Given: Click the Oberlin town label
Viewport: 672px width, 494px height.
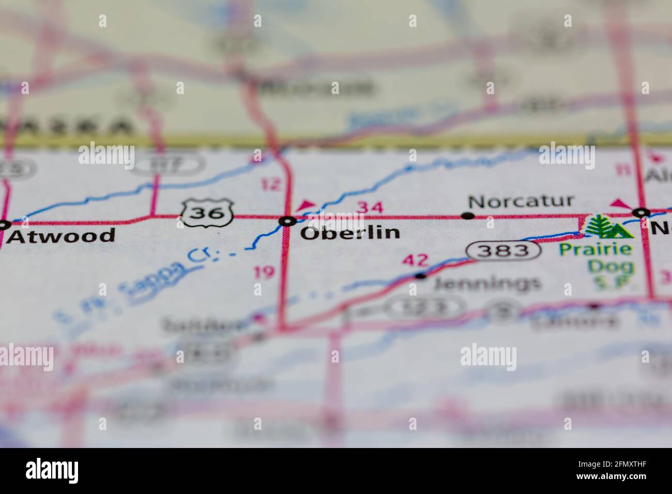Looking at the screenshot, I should click(350, 233).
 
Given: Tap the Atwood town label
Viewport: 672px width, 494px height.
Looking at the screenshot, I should click(62, 236).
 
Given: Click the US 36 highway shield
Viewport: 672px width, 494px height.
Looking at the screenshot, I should click(208, 212).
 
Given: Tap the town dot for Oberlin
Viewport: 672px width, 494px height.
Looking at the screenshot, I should click(287, 221).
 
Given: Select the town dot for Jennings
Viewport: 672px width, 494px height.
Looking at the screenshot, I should click(421, 275).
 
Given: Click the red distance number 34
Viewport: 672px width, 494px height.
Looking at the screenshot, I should click(370, 208).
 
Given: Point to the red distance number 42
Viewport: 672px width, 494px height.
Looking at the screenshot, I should click(415, 259).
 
